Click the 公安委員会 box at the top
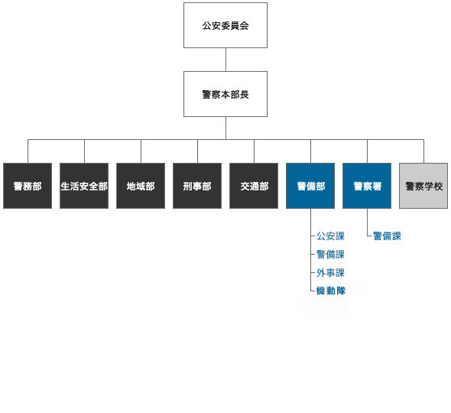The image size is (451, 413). (226, 25)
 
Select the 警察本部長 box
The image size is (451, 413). (226, 94)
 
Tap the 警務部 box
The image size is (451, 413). (28, 186)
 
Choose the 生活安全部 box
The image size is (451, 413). (84, 186)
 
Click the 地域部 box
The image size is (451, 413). (141, 186)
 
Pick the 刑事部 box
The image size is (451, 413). (197, 186)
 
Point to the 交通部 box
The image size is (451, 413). (254, 186)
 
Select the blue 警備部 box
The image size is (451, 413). (310, 186)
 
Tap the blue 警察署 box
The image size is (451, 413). (367, 186)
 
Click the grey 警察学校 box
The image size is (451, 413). (423, 186)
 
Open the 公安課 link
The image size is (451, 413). (330, 236)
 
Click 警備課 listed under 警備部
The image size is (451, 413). (330, 255)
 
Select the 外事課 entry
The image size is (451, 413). (330, 273)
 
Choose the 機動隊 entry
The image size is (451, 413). (330, 291)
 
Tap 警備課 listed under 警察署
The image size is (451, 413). (387, 236)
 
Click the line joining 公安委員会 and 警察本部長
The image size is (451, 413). (226, 60)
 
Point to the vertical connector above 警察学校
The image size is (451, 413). (423, 151)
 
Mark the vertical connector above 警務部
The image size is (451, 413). (28, 151)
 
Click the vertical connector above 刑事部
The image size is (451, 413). (197, 151)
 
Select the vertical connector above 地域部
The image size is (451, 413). (141, 151)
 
